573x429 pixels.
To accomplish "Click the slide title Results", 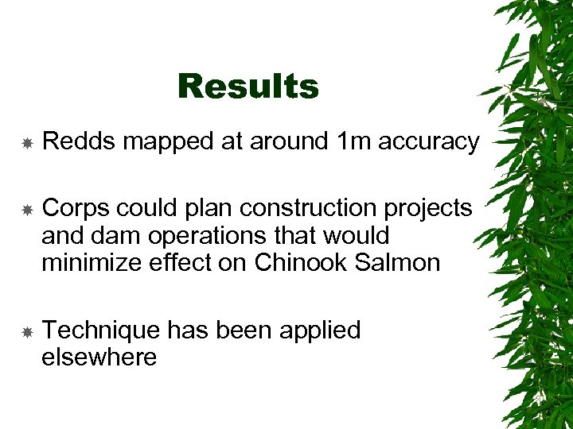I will pyautogui.click(x=248, y=87).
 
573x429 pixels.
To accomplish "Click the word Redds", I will pyautogui.click(x=78, y=141).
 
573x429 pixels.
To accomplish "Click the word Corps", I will pyautogui.click(x=76, y=208).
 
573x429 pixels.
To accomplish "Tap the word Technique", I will pyautogui.click(x=101, y=330).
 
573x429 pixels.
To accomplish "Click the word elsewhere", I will pyautogui.click(x=99, y=357).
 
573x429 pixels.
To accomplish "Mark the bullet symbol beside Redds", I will pyautogui.click(x=26, y=143).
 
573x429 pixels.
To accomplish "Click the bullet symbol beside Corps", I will pyautogui.click(x=26, y=210).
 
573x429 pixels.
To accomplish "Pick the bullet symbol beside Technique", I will pyautogui.click(x=26, y=331).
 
